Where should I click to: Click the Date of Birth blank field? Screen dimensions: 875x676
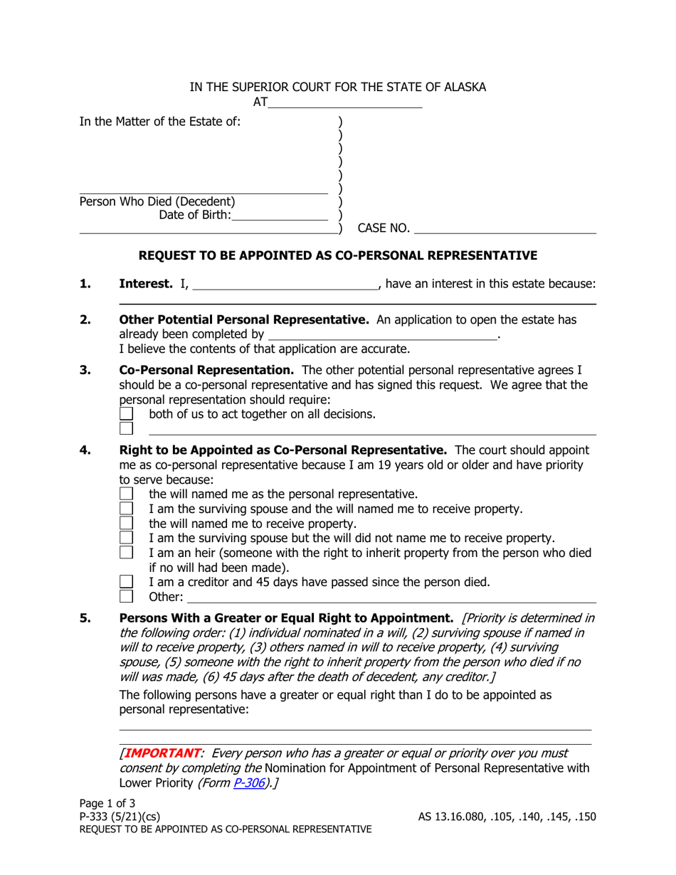(x=280, y=214)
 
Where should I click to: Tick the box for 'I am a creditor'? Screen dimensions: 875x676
(x=126, y=582)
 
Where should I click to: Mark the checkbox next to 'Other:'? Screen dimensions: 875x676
(x=126, y=596)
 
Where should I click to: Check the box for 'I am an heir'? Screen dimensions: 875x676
(x=126, y=552)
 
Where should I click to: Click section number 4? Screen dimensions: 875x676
(x=85, y=450)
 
